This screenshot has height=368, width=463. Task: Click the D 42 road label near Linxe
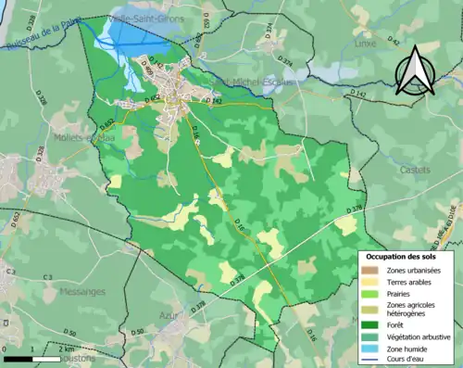pyautogui.click(x=394, y=41)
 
